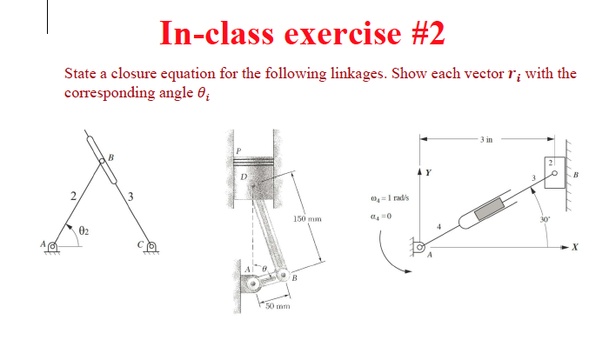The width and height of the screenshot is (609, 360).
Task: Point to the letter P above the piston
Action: click(x=238, y=150)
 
